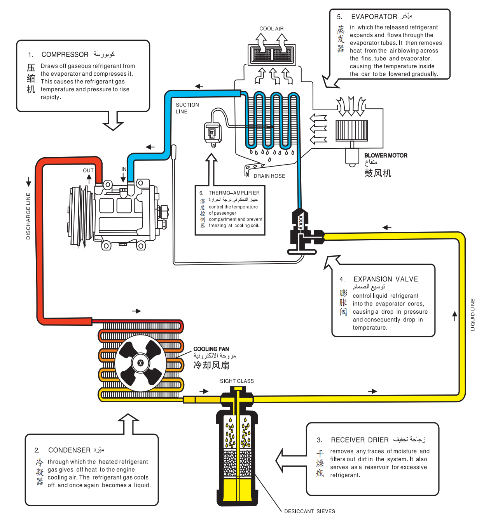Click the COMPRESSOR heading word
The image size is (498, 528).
pyautogui.click(x=65, y=55)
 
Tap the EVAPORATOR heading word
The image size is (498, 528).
pyautogui.click(x=374, y=17)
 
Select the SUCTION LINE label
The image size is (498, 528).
pyautogui.click(x=187, y=108)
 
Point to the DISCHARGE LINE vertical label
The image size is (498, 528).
pyautogui.click(x=28, y=216)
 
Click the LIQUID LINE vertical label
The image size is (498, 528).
pyautogui.click(x=473, y=314)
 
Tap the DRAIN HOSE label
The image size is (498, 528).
pyautogui.click(x=269, y=176)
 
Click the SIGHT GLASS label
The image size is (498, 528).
pyautogui.click(x=237, y=381)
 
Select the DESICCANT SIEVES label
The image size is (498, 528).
pyautogui.click(x=309, y=512)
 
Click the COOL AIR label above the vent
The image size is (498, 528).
pyautogui.click(x=271, y=29)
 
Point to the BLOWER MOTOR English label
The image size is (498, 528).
pyautogui.click(x=386, y=156)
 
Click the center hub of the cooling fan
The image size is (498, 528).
pyautogui.click(x=140, y=363)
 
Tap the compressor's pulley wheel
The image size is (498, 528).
pyautogui.click(x=80, y=216)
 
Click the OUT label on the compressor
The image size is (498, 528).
pyautogui.click(x=88, y=170)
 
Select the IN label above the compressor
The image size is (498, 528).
pyautogui.click(x=124, y=169)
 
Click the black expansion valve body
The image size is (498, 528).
pyautogui.click(x=301, y=233)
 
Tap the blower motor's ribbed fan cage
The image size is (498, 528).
pyautogui.click(x=351, y=130)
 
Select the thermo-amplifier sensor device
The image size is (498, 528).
pyautogui.click(x=213, y=133)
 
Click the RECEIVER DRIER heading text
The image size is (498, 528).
pyautogui.click(x=360, y=440)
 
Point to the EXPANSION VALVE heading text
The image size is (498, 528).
pyautogui.click(x=386, y=280)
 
